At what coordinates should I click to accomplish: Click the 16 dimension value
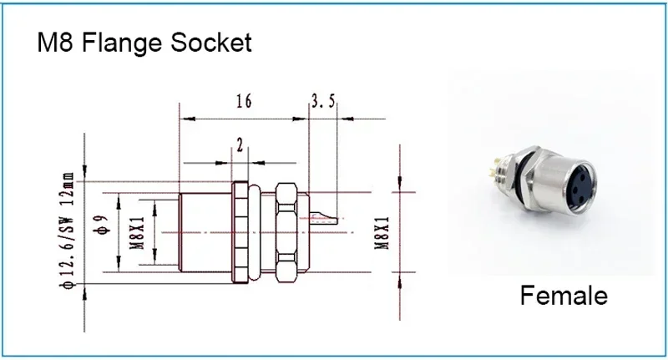coord(243,102)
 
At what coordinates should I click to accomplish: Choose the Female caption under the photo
coord(564,295)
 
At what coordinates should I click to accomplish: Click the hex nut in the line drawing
coord(287,231)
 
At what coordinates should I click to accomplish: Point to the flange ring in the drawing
coord(240,231)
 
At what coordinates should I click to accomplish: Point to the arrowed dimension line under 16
coord(243,116)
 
